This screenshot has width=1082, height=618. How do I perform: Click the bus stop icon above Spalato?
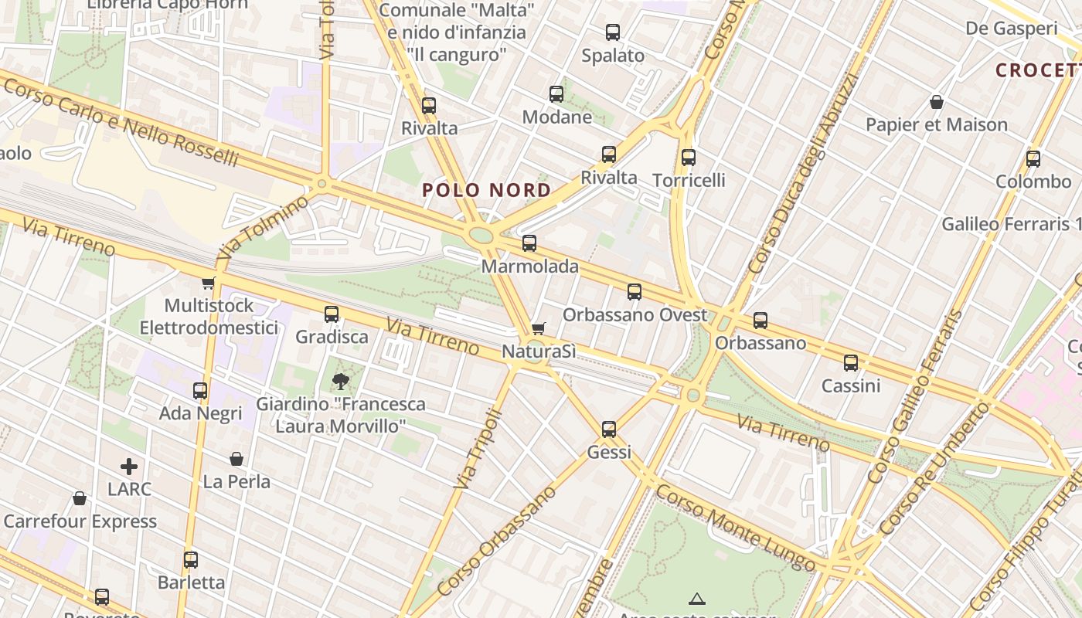point(613,32)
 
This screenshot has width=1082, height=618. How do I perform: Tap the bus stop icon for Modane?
point(556,94)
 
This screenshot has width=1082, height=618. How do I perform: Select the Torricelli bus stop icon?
point(689,158)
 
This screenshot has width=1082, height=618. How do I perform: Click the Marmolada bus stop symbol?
point(529,243)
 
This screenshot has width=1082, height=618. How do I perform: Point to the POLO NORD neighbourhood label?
point(487,190)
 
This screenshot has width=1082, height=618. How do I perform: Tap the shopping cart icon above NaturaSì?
point(539,328)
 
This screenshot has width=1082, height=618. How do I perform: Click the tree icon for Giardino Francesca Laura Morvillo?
point(340,381)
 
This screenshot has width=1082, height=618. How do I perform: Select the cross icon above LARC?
point(129,467)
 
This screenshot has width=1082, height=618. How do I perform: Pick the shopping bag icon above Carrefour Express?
point(80,498)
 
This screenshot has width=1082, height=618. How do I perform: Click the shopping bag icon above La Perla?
point(236,459)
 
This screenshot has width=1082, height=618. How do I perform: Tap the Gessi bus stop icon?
point(609,429)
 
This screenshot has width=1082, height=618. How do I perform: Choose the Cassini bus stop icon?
point(851,362)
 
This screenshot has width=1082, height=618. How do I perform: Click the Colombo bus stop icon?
point(1033,159)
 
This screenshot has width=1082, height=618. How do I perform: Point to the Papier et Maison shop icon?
point(937,102)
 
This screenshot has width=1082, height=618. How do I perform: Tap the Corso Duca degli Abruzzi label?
point(804,174)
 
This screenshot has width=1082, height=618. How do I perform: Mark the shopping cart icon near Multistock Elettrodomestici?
point(208,283)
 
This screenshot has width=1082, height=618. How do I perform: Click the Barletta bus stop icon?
point(191,559)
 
